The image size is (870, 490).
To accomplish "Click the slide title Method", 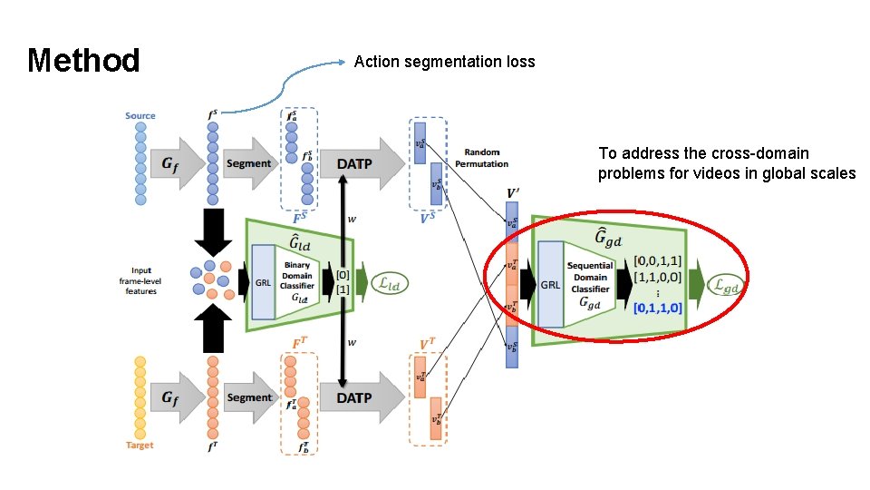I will (83, 61).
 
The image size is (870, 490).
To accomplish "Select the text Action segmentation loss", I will (444, 62).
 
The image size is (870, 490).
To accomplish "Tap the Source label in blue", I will (140, 115).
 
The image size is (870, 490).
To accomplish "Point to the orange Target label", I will (140, 445).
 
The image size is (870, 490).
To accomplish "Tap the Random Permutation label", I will (487, 158).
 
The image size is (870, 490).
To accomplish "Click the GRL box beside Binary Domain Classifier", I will (263, 282).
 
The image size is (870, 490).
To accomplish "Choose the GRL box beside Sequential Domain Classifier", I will (550, 284).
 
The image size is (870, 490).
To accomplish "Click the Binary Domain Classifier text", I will (297, 276).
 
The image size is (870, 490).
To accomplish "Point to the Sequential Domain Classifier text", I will (590, 277).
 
